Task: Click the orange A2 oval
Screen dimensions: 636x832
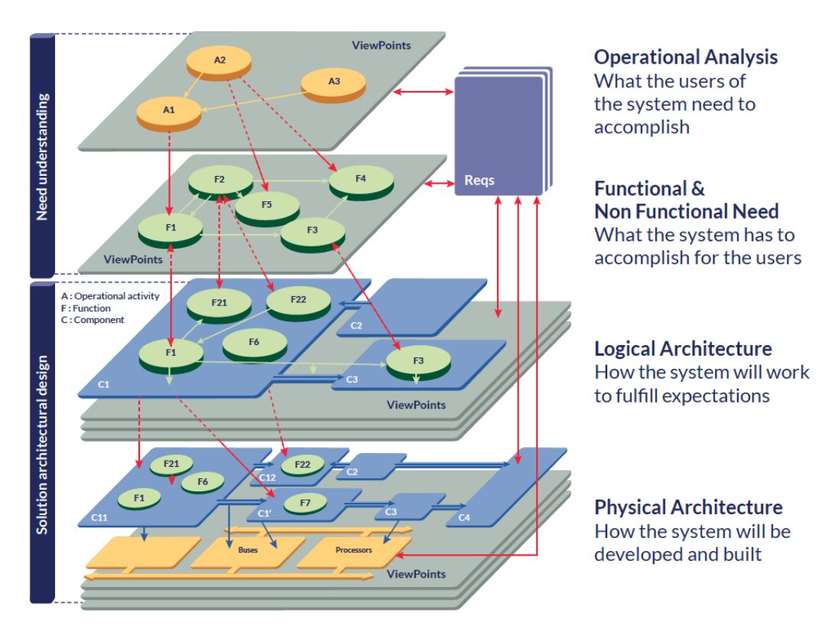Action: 219,60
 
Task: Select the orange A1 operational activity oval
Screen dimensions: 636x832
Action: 169,111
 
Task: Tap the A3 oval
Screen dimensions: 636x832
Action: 333,82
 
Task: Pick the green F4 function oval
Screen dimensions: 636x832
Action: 361,180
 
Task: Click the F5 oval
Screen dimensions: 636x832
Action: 266,206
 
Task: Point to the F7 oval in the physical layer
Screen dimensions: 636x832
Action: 305,503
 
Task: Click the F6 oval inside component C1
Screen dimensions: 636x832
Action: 254,344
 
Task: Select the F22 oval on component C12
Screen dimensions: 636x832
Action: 302,464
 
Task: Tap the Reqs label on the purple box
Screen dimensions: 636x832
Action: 479,181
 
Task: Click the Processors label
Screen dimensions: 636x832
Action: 353,550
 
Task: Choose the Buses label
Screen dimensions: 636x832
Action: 248,550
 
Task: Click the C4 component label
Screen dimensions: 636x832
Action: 463,519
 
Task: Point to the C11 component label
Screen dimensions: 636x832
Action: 99,518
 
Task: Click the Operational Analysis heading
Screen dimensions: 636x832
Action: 685,57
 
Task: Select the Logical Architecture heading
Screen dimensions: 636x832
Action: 683,349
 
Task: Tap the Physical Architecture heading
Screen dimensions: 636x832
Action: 688,507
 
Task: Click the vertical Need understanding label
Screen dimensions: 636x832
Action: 42,156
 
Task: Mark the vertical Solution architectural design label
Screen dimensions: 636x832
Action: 42,444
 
